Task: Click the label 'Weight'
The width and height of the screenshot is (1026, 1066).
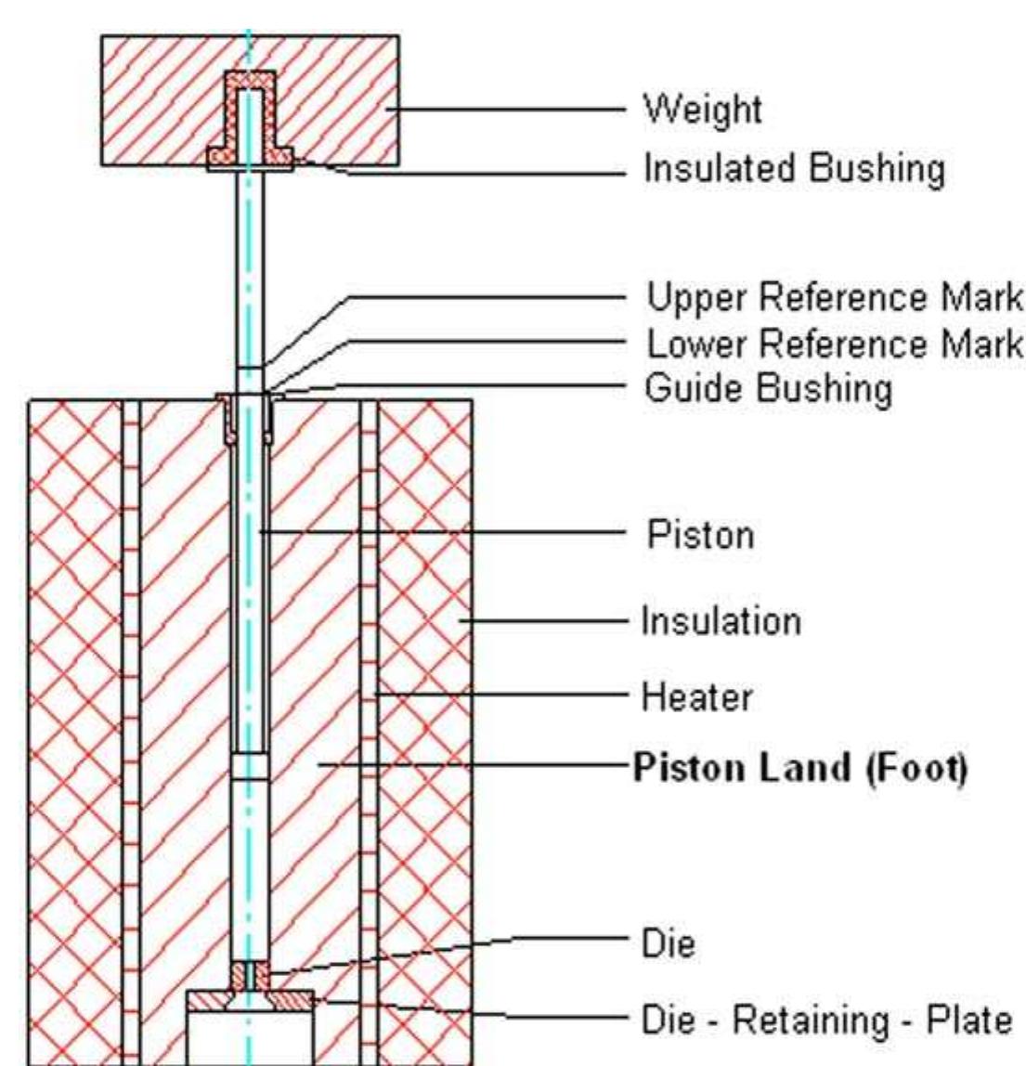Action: [703, 110]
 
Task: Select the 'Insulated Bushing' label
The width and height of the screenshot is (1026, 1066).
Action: [795, 169]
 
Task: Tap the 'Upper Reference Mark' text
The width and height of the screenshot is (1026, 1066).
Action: [834, 298]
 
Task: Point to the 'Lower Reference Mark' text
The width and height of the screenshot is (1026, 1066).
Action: [834, 344]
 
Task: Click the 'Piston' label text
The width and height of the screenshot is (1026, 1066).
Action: [699, 535]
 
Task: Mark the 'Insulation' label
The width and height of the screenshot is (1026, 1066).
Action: [721, 620]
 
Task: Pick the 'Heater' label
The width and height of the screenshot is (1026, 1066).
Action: [696, 695]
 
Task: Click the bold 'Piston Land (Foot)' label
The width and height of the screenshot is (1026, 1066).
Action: [799, 768]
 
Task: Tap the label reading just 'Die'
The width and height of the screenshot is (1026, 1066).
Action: [668, 945]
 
